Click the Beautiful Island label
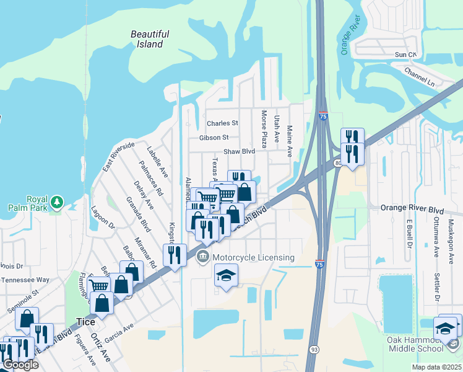point(147,39)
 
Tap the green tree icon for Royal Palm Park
point(57,202)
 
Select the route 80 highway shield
point(338,163)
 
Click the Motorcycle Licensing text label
point(253,257)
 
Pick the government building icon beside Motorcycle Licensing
point(202,257)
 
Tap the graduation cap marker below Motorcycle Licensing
point(226,275)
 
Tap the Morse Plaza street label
point(264,129)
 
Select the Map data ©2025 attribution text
point(437,367)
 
